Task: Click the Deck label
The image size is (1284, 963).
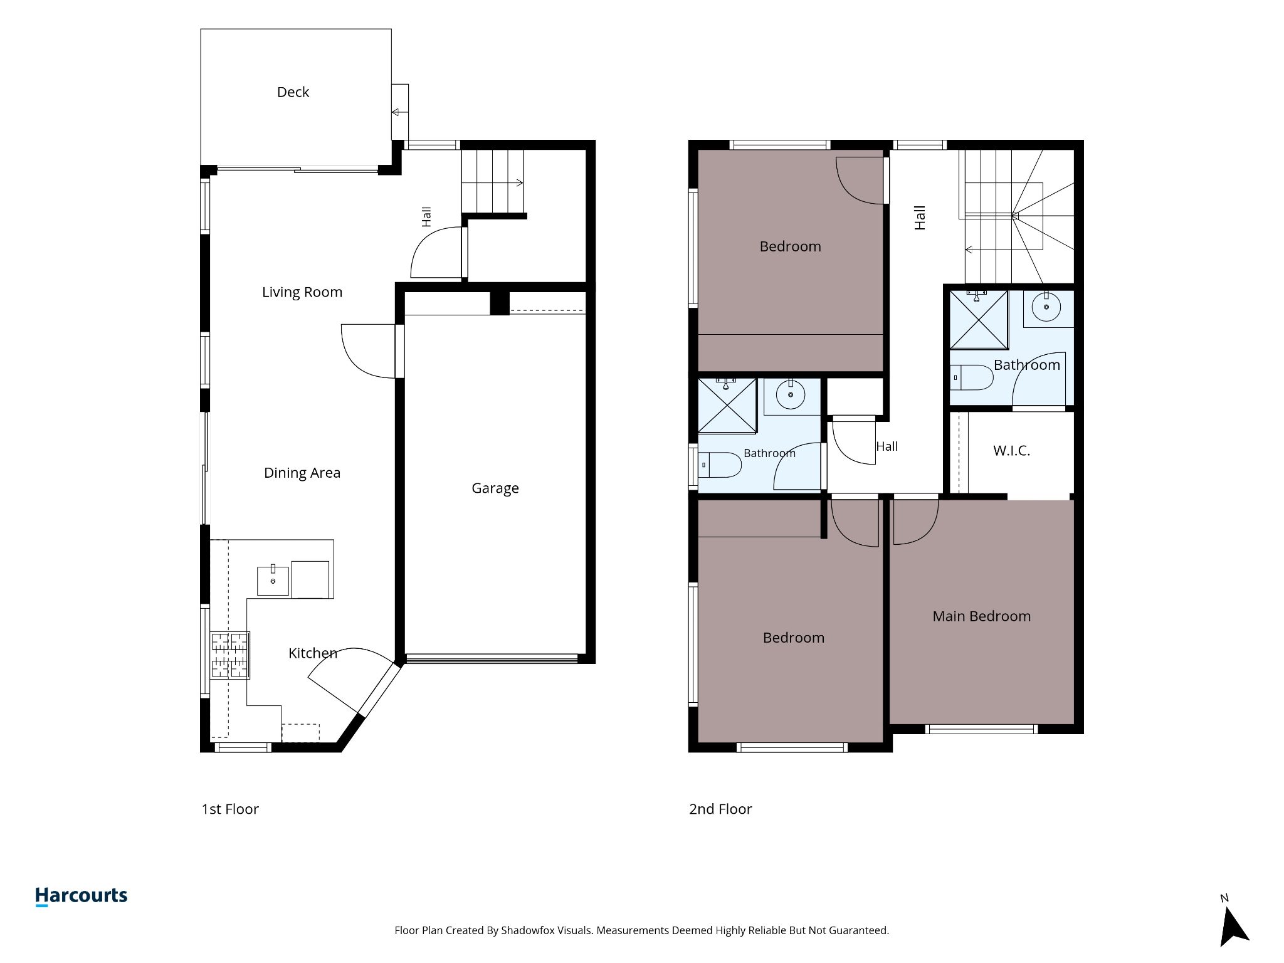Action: point(293,92)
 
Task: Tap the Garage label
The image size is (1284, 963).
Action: point(495,488)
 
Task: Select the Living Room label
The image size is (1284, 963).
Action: point(302,292)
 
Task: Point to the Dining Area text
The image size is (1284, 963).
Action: point(302,473)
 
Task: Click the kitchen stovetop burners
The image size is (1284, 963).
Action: point(230,655)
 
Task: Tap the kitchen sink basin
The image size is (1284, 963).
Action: point(273,581)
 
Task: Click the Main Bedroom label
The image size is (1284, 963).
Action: point(981,616)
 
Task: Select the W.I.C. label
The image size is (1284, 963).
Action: point(1011,451)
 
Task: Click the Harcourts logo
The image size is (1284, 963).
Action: point(82,896)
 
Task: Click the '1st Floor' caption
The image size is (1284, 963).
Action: point(230,809)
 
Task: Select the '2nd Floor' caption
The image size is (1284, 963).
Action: point(720,809)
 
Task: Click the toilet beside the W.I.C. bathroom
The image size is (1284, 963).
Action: point(972,377)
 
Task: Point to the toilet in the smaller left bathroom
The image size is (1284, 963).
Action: point(720,465)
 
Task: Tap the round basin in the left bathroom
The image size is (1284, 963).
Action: point(791,394)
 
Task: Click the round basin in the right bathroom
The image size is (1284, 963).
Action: point(1046,307)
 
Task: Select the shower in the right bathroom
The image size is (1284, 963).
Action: point(979,320)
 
